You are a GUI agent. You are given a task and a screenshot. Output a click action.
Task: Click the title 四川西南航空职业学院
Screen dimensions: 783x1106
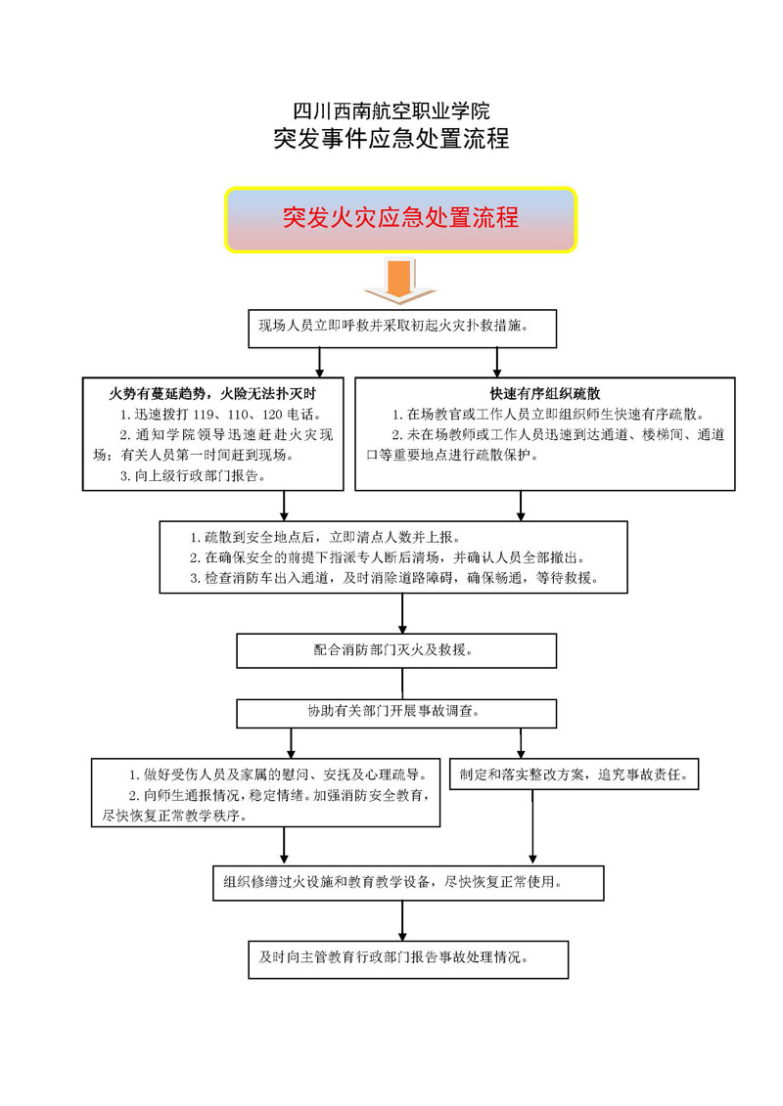(x=391, y=111)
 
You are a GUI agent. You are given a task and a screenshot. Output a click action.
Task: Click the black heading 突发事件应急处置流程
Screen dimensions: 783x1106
(x=391, y=138)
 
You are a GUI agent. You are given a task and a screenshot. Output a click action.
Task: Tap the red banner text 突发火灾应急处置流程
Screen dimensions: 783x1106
(x=400, y=217)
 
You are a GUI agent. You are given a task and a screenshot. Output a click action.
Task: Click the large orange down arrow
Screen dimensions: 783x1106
(x=399, y=281)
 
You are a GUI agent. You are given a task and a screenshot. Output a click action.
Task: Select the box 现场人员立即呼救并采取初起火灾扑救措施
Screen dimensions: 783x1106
(x=402, y=328)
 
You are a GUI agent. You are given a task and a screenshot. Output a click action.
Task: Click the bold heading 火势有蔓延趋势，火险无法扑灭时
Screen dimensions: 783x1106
(x=212, y=393)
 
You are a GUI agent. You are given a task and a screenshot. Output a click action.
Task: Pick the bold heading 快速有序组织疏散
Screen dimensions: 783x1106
(x=545, y=393)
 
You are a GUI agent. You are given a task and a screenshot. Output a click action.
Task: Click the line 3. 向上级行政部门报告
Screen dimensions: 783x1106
(x=193, y=476)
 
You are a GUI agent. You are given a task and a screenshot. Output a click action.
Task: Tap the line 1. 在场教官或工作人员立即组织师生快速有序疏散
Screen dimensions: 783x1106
(x=548, y=414)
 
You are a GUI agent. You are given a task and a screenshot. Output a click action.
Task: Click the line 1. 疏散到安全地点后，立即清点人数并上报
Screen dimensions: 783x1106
(x=325, y=538)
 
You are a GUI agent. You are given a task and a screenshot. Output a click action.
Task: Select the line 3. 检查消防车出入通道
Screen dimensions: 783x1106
(x=394, y=578)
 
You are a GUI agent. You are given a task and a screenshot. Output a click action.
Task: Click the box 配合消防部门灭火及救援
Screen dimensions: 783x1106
(x=396, y=650)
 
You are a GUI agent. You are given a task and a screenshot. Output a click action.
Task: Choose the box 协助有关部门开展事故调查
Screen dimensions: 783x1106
(x=396, y=713)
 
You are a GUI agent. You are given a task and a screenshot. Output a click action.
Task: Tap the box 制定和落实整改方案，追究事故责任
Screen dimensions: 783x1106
(x=574, y=774)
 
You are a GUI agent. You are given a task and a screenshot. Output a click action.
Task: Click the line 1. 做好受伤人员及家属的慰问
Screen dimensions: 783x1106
(x=277, y=774)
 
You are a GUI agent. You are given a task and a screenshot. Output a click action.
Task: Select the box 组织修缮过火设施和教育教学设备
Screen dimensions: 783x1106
(x=408, y=883)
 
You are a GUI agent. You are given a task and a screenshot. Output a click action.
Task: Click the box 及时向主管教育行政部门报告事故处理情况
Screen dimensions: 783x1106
(x=408, y=959)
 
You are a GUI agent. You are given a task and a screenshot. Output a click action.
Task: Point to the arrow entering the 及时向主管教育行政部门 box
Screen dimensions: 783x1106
(x=402, y=920)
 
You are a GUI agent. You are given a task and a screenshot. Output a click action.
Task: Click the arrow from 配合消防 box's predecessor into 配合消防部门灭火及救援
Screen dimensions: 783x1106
(x=402, y=613)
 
